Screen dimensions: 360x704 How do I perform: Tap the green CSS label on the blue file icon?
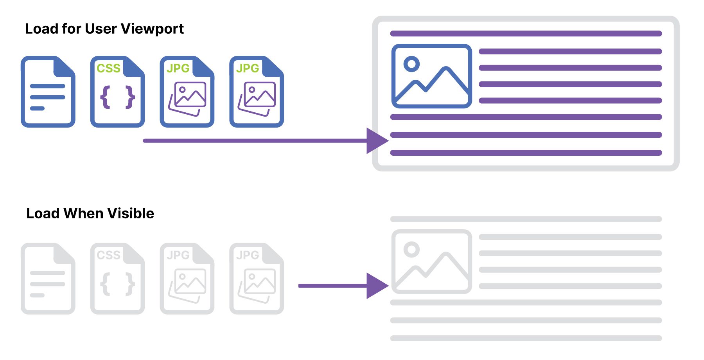[x=108, y=68]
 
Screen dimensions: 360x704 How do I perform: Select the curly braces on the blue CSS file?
[x=118, y=97]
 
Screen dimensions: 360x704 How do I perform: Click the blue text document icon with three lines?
[x=48, y=92]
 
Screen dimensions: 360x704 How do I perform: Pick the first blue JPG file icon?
[x=187, y=92]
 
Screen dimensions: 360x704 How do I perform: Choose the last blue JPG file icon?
[x=257, y=92]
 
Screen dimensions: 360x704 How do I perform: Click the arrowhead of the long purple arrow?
[x=376, y=141]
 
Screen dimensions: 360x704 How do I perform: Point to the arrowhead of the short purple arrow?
[x=376, y=286]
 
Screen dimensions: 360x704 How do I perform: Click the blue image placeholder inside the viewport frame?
[x=431, y=76]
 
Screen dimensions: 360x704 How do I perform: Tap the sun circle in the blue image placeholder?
[x=411, y=64]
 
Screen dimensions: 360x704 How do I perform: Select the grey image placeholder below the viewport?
[x=431, y=261]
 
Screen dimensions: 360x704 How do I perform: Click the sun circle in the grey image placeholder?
[x=411, y=249]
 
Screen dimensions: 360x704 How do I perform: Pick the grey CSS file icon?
[x=118, y=279]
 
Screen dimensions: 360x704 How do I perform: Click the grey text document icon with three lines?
[x=48, y=279]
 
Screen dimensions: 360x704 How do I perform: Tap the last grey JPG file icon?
[x=257, y=279]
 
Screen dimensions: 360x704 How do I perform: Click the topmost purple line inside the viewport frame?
[x=526, y=34]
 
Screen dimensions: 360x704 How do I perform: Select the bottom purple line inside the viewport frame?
[x=526, y=153]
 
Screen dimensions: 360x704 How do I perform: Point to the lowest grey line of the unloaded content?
[x=526, y=338]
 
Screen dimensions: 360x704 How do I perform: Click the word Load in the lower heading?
[x=42, y=214]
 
